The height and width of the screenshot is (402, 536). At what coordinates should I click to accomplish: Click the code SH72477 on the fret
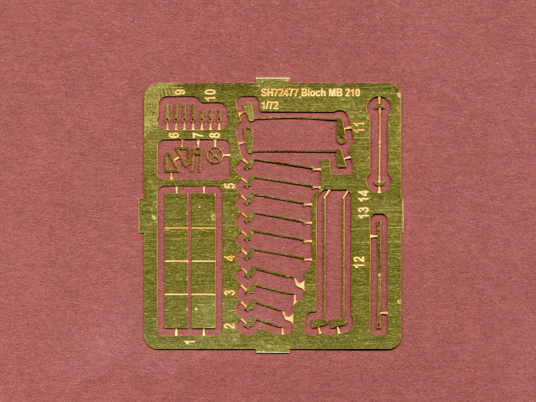(279, 94)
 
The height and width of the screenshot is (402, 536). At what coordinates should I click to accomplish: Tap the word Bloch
(314, 94)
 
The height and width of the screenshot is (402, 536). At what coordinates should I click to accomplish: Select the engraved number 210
(356, 94)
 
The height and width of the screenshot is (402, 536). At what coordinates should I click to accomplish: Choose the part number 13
(362, 212)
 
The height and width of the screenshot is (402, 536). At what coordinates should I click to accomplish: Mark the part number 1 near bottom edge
(191, 342)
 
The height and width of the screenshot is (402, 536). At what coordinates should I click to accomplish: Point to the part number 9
(180, 92)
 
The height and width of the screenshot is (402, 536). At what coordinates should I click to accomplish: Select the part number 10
(210, 93)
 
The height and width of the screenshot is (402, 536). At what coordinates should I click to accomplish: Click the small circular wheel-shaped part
(215, 156)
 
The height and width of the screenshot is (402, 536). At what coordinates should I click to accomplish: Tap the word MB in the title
(336, 94)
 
